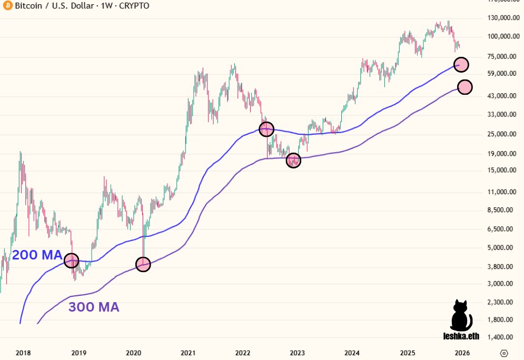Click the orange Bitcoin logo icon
[7, 6]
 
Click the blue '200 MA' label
[37, 255]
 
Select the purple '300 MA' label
[94, 307]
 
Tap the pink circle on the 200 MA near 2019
[71, 261]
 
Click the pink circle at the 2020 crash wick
[143, 264]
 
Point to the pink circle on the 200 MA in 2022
[266, 129]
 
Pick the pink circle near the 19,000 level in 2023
[293, 161]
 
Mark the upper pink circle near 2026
[461, 64]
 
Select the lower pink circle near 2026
[465, 87]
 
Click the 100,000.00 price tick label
[500, 36]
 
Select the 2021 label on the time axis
[188, 353]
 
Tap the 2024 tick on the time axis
[352, 353]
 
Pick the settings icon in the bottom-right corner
[504, 353]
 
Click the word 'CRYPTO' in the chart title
[132, 6]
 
